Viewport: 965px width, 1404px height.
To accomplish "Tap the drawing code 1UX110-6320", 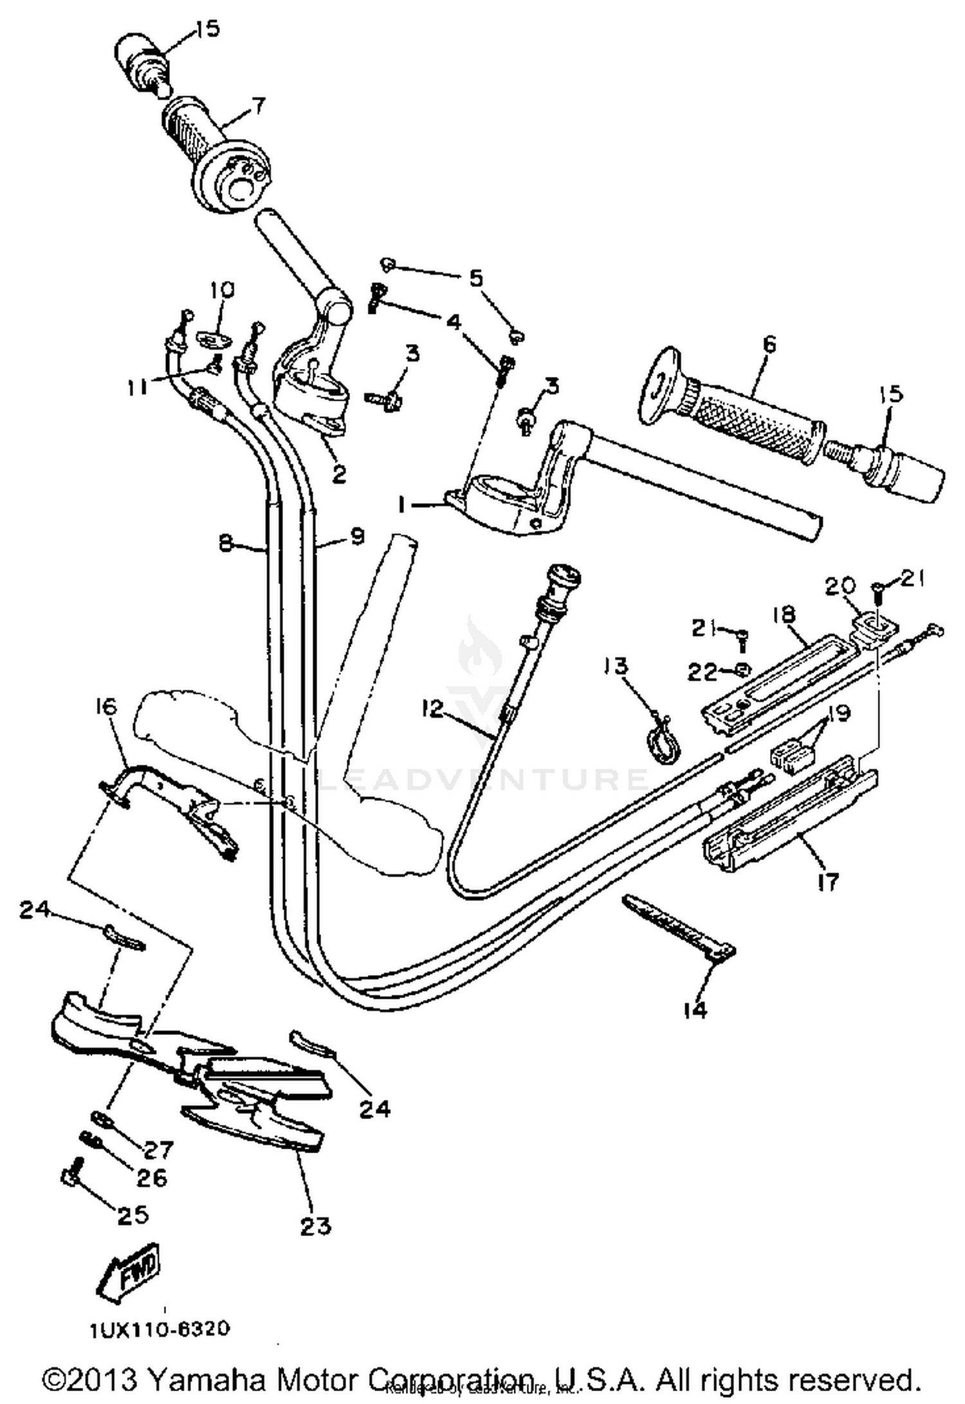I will click(x=160, y=1329).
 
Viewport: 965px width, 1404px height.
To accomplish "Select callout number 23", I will click(x=315, y=1226).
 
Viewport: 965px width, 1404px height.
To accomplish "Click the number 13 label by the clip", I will click(x=616, y=666).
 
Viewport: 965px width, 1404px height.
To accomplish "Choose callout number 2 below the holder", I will click(x=338, y=474).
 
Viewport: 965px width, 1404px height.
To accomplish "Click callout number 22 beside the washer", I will click(x=701, y=671).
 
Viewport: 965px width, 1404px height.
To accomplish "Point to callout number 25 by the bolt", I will click(x=133, y=1214).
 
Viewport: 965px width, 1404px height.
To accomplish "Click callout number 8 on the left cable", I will click(x=225, y=543).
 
